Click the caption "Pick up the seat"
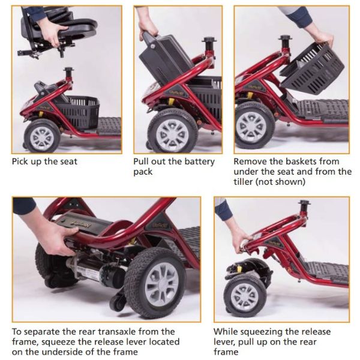[44, 161]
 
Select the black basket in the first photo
[78, 110]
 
